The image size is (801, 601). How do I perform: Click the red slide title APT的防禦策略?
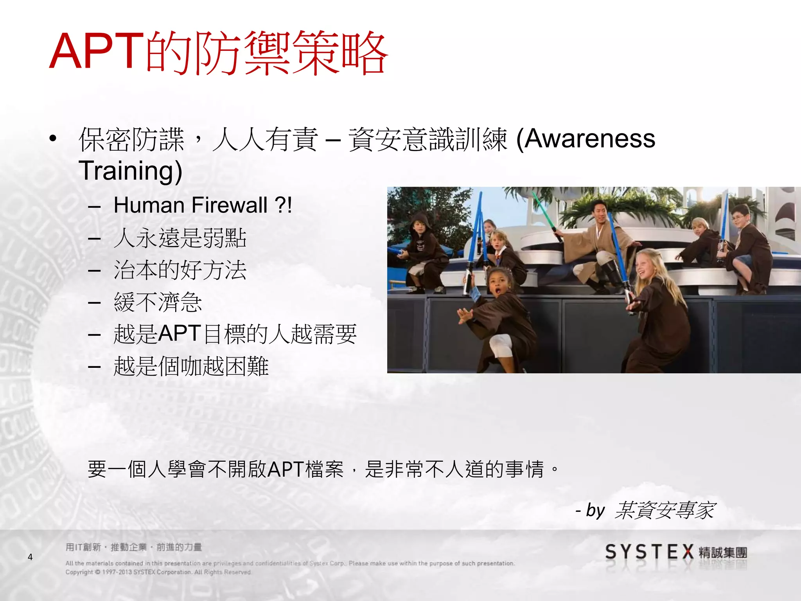(218, 53)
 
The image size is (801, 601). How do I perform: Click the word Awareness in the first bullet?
(589, 139)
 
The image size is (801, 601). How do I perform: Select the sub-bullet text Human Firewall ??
(203, 205)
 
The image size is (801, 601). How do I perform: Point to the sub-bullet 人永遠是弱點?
(180, 238)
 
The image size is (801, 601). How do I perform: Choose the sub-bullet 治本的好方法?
(180, 270)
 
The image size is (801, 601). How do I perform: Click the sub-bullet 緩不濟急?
(158, 302)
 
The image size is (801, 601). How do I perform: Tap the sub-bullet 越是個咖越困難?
(191, 366)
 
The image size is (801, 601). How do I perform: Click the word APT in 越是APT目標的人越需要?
(180, 334)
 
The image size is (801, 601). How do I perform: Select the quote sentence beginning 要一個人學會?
(323, 469)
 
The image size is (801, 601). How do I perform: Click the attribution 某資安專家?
(665, 510)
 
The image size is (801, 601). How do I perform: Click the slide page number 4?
(30, 557)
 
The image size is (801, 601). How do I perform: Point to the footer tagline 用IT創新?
(133, 547)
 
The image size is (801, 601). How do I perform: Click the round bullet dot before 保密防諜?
(53, 139)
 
